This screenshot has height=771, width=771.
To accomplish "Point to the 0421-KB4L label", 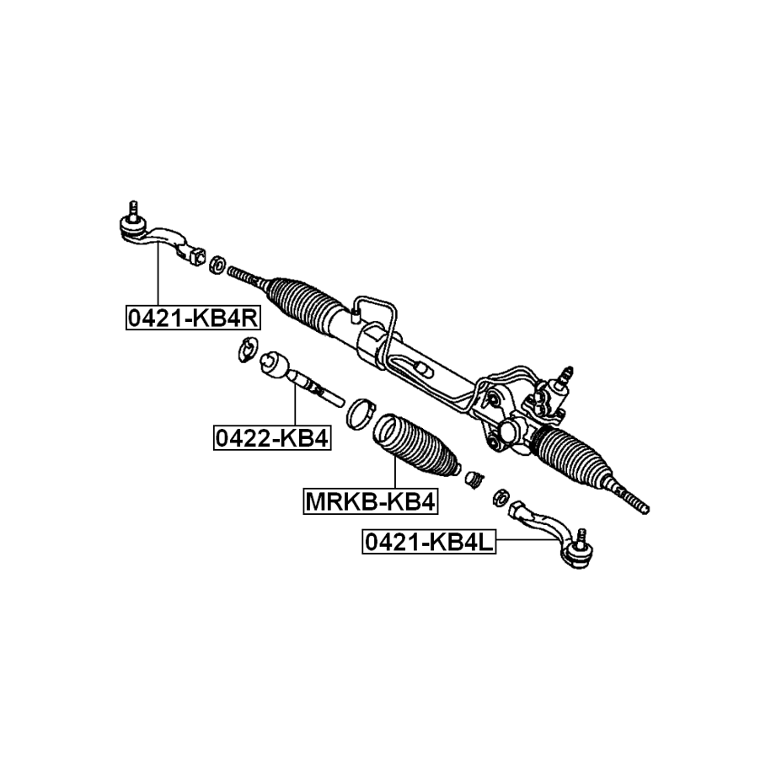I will (x=429, y=542).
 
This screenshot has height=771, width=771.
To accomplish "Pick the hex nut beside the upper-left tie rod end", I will (x=215, y=264).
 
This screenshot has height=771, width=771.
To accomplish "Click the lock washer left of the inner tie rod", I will (x=246, y=350).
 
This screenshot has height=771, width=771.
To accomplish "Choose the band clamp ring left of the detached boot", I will (x=361, y=411).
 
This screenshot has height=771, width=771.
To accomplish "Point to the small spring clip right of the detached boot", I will (x=474, y=479).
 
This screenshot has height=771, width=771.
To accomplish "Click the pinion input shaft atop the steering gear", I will (x=565, y=374).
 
